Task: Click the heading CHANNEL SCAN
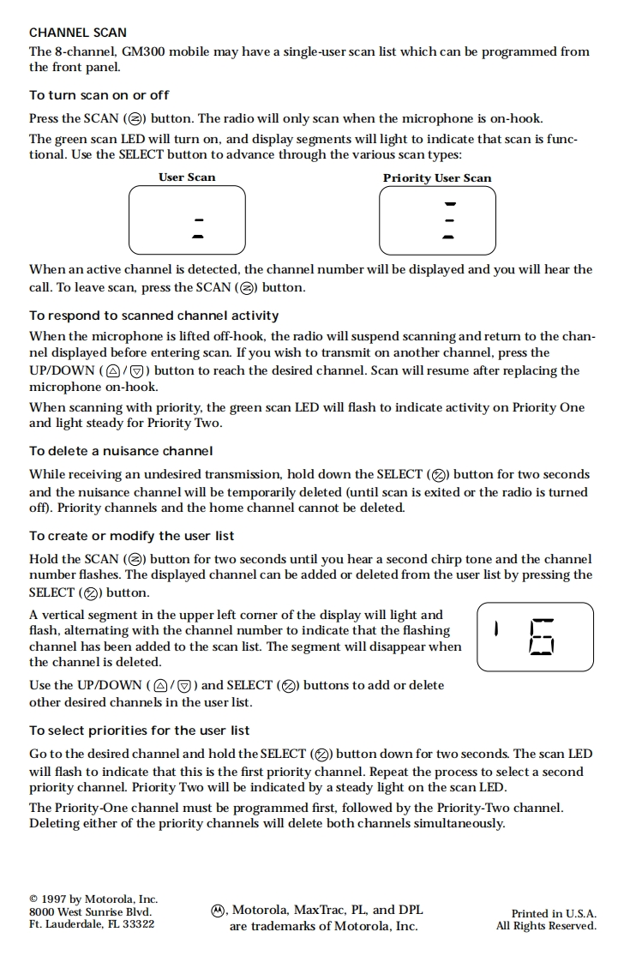point(78,33)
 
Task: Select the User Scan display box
point(187,220)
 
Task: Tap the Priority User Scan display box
point(437,220)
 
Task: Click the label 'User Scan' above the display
point(187,177)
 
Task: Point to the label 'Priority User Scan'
point(437,178)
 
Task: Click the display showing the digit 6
point(535,637)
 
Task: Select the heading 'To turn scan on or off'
point(99,95)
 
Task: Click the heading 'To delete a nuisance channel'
point(121,451)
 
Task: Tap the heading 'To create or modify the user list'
point(131,536)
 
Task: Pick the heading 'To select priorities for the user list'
point(140,731)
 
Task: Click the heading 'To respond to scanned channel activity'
point(154,316)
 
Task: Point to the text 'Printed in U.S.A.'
point(554,914)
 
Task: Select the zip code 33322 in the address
point(137,924)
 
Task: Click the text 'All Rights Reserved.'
point(546,926)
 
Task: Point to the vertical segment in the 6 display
point(496,629)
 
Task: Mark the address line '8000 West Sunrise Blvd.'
point(90,912)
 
